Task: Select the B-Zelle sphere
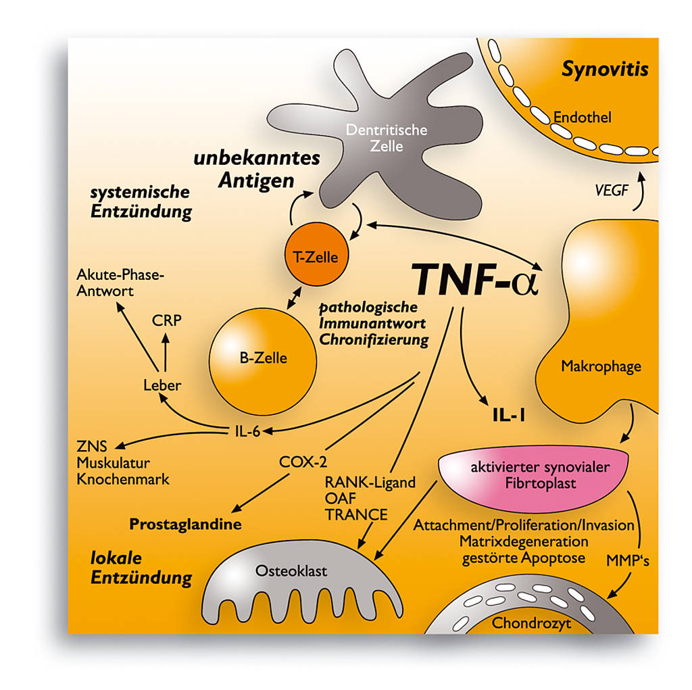click(x=263, y=358)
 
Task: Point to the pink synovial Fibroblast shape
click(x=534, y=476)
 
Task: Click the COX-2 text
click(x=303, y=463)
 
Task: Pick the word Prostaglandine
click(x=185, y=524)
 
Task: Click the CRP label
click(x=166, y=320)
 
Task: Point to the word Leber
click(x=162, y=385)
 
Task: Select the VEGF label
click(x=611, y=191)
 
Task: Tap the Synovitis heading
click(x=605, y=69)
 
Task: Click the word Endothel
click(x=582, y=118)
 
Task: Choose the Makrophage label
click(x=601, y=366)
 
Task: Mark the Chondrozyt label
click(x=531, y=622)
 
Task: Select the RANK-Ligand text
click(x=370, y=483)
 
